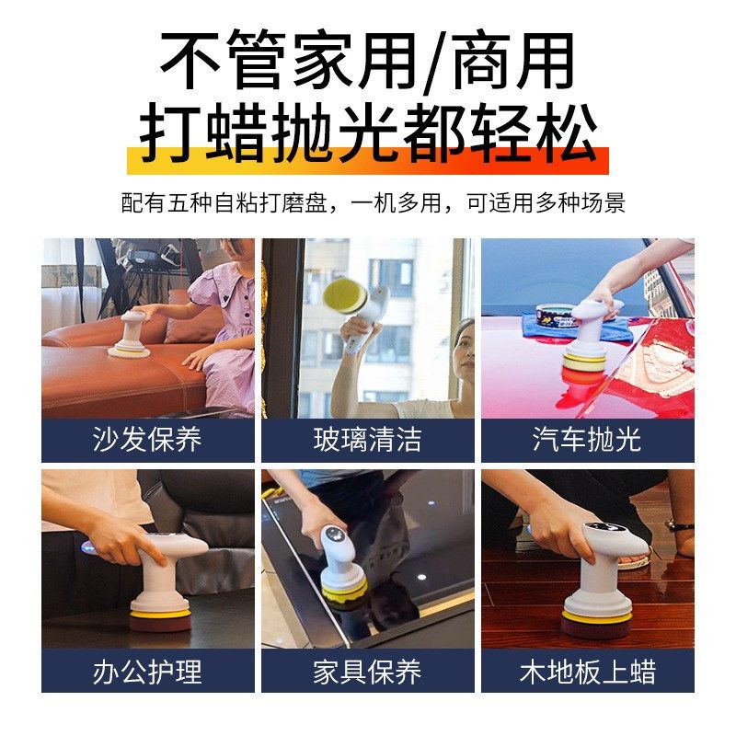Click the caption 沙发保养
(147, 440)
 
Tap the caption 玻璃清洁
(367, 440)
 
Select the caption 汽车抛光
(587, 440)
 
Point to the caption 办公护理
(147, 671)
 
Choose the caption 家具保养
(367, 671)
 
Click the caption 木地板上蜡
(587, 671)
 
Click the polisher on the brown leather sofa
(129, 336)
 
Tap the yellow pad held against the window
(345, 294)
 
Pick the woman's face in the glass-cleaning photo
(464, 345)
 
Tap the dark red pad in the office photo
(160, 622)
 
